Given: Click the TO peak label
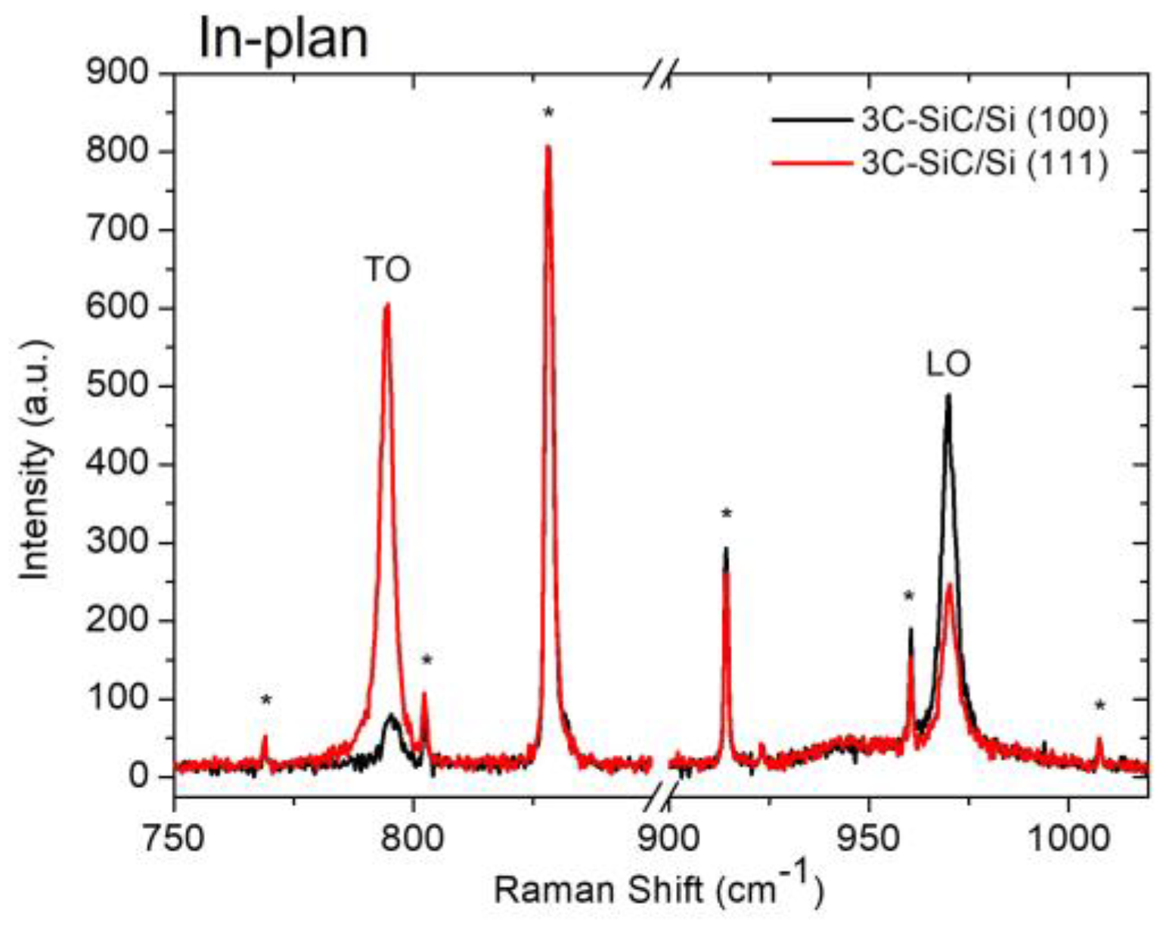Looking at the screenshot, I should point(388,270).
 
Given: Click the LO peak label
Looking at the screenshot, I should point(948,365).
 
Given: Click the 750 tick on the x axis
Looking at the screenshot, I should point(175,839).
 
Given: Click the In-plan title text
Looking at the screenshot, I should point(283,38).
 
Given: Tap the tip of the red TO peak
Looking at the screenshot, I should point(387,305).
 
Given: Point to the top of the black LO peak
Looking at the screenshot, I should point(947,396).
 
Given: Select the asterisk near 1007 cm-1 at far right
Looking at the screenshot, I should point(1099,706).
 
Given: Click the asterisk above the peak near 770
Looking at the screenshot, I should point(265,700).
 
